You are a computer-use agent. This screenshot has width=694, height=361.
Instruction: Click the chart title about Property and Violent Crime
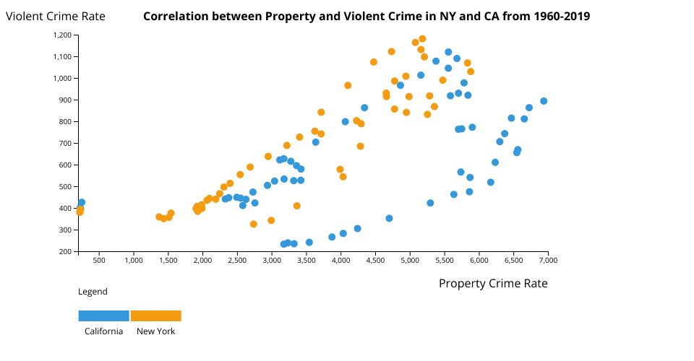pyautogui.click(x=367, y=16)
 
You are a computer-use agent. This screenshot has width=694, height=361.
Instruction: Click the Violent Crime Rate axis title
pyautogui.click(x=56, y=16)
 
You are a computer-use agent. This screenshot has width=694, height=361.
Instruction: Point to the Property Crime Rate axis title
pyautogui.click(x=493, y=284)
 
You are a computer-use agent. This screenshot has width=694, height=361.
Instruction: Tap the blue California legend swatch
pyautogui.click(x=103, y=316)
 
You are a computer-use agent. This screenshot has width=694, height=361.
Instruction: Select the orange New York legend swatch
pyautogui.click(x=155, y=316)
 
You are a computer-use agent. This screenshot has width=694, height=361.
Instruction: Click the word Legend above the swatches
pyautogui.click(x=93, y=292)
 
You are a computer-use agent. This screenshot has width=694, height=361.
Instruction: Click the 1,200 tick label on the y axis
pyautogui.click(x=62, y=35)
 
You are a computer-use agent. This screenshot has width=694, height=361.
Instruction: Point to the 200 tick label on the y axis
pyautogui.click(x=65, y=251)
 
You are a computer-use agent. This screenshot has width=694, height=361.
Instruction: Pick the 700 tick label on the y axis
pyautogui.click(x=65, y=143)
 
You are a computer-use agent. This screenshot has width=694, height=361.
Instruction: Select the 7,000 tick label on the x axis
pyautogui.click(x=547, y=261)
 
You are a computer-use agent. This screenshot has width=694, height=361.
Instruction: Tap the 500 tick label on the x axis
pyautogui.click(x=100, y=261)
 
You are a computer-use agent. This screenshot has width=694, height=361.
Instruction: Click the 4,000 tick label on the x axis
pyautogui.click(x=340, y=261)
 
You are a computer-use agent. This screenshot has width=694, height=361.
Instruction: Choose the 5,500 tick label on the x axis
pyautogui.click(x=444, y=261)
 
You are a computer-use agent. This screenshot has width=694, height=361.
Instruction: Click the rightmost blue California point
pyautogui.click(x=544, y=101)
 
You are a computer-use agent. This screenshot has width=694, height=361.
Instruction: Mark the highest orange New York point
pyautogui.click(x=422, y=39)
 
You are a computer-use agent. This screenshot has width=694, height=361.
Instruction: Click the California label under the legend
pyautogui.click(x=103, y=331)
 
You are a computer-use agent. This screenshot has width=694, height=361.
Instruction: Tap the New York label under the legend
pyautogui.click(x=155, y=331)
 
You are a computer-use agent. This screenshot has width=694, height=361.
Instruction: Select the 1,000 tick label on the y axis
pyautogui.click(x=62, y=78)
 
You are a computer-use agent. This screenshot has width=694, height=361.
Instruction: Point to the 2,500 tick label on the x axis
pyautogui.click(x=237, y=261)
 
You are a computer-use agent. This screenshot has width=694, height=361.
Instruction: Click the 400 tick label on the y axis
pyautogui.click(x=65, y=208)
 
